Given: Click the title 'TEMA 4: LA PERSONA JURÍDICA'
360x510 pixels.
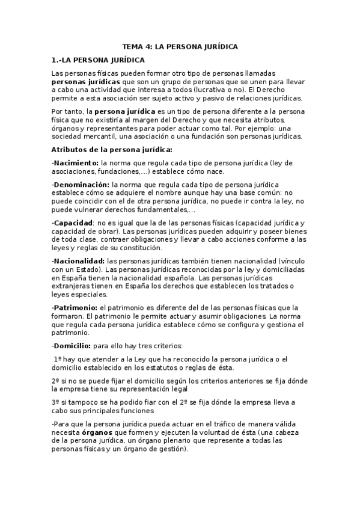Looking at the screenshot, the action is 180,46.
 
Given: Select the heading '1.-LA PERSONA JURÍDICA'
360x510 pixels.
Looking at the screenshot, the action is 98,60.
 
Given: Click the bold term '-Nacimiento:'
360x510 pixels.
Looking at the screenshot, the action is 75,163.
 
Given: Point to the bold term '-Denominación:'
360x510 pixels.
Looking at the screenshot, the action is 81,183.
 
